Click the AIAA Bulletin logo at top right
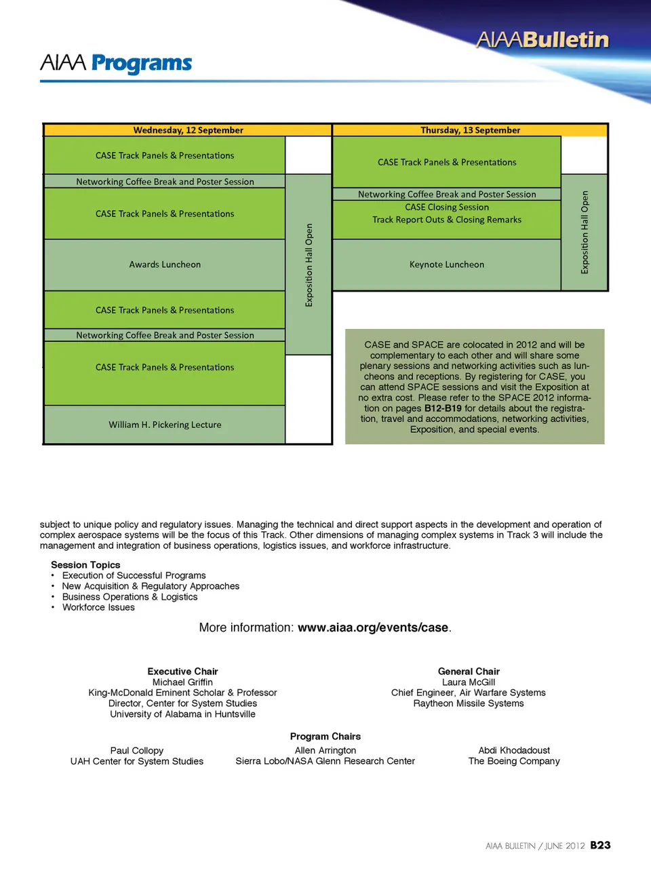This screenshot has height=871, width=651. (542, 40)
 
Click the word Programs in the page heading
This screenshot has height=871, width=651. (142, 63)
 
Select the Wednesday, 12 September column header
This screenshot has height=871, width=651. (188, 130)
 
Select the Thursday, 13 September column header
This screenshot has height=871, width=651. (470, 130)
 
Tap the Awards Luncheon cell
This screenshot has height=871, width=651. (165, 265)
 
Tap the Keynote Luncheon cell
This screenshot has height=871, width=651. (447, 265)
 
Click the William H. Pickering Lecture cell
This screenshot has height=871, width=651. (165, 425)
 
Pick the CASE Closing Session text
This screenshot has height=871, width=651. (447, 208)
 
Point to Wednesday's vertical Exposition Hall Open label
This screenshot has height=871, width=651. (309, 265)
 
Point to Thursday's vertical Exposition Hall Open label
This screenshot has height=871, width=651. (585, 233)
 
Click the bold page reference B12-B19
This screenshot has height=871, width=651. (443, 408)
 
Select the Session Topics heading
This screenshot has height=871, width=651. (85, 565)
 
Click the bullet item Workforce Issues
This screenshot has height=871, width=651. (98, 607)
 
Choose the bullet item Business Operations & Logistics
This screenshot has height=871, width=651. (130, 597)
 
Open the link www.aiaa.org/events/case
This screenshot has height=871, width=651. (373, 627)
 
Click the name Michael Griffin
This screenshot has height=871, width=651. (182, 682)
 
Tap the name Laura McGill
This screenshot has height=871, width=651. (469, 682)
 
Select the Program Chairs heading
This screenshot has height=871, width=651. (325, 737)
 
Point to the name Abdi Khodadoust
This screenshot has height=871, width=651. (514, 750)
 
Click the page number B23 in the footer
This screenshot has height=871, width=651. (600, 845)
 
